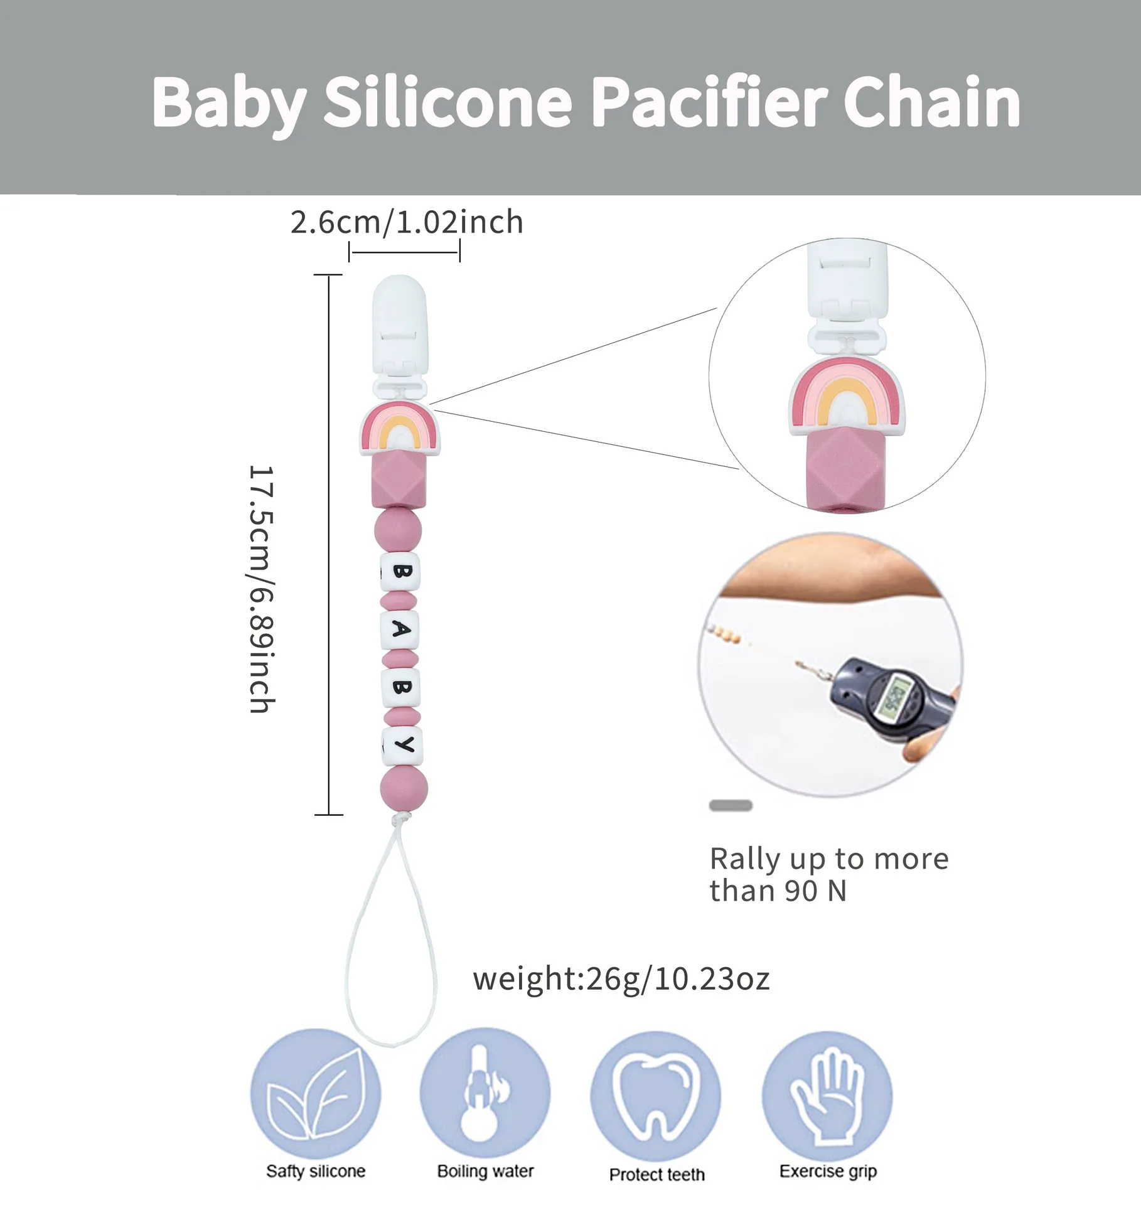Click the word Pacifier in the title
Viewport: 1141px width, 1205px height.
pos(709,102)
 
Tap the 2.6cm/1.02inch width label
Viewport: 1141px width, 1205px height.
pos(407,222)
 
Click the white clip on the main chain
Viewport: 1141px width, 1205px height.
pos(400,333)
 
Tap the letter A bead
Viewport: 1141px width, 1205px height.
pos(400,629)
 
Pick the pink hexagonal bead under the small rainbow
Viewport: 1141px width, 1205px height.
pos(399,480)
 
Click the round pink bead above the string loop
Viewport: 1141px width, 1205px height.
pos(404,788)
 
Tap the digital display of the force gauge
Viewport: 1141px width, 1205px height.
pos(895,697)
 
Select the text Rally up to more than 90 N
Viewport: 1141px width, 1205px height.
pos(828,874)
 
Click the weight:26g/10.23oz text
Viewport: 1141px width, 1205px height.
pos(621,978)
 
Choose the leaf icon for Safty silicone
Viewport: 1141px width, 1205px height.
pos(315,1093)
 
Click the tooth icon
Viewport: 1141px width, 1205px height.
pos(656,1095)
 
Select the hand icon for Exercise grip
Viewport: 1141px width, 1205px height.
pos(827,1093)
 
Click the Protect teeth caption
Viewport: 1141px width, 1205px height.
pos(656,1174)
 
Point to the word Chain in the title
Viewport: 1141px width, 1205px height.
pos(932,102)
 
